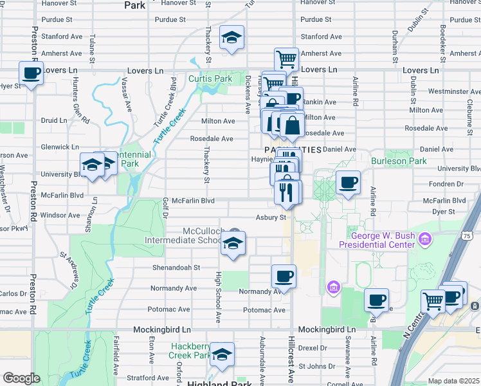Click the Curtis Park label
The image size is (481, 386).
pos(210,78)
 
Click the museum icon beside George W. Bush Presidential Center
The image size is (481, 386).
pos(424,241)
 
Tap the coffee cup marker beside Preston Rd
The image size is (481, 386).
pos(31,73)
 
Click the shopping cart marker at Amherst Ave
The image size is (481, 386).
pos(286,60)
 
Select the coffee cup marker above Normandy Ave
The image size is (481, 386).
pos(284,277)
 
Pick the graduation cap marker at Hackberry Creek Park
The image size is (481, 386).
pos(222,354)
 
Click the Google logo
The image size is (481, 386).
pos(21,378)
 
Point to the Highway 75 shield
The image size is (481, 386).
pos(475,237)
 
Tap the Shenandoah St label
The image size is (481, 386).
pos(176,267)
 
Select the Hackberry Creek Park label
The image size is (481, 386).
pos(190,351)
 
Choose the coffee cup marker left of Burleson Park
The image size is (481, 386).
pos(348,182)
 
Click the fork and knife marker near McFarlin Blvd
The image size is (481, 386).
pos(287,192)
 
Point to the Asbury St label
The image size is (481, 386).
pos(271,217)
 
